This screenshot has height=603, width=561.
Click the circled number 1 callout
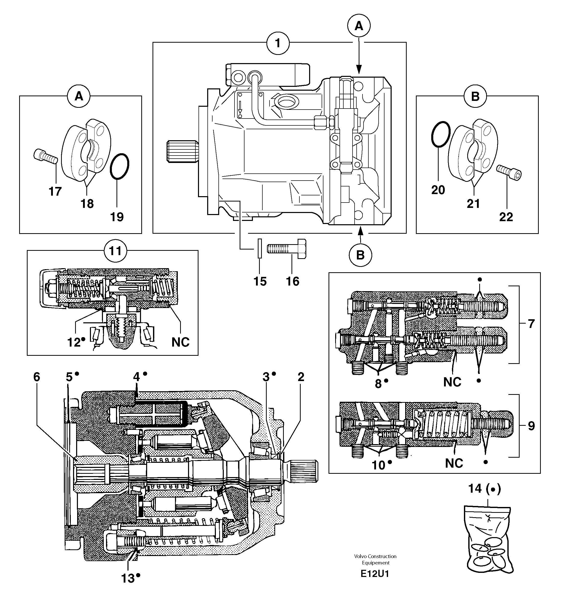(x=277, y=44)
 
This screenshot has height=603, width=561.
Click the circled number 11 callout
(x=115, y=251)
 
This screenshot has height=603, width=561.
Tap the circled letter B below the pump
(x=360, y=255)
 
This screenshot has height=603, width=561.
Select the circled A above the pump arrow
(x=359, y=26)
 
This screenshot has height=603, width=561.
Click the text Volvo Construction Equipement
(x=375, y=559)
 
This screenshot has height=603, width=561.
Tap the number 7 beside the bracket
(x=531, y=324)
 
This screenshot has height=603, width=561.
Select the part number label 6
(x=37, y=377)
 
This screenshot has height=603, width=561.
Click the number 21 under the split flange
(x=473, y=204)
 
